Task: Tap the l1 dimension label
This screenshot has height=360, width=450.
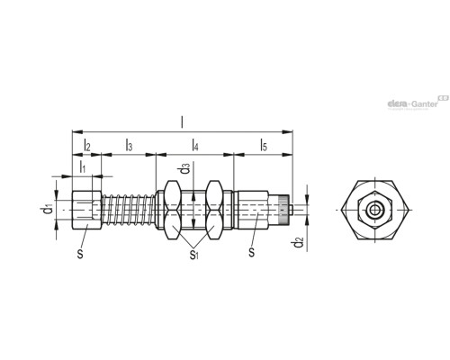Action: coord(81,166)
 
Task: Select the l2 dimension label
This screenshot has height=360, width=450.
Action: coord(86,144)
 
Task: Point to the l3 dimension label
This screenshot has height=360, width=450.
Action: coord(130,144)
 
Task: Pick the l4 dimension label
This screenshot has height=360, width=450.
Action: coord(195,144)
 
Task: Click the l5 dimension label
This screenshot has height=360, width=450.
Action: coord(263,144)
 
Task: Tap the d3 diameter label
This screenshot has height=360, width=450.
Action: coord(184,168)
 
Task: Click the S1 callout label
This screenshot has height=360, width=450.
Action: coord(193,256)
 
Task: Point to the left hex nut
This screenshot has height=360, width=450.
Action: coord(171,213)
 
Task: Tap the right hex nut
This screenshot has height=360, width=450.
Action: coord(214,213)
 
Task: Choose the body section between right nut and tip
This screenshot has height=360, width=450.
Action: coord(254,213)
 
